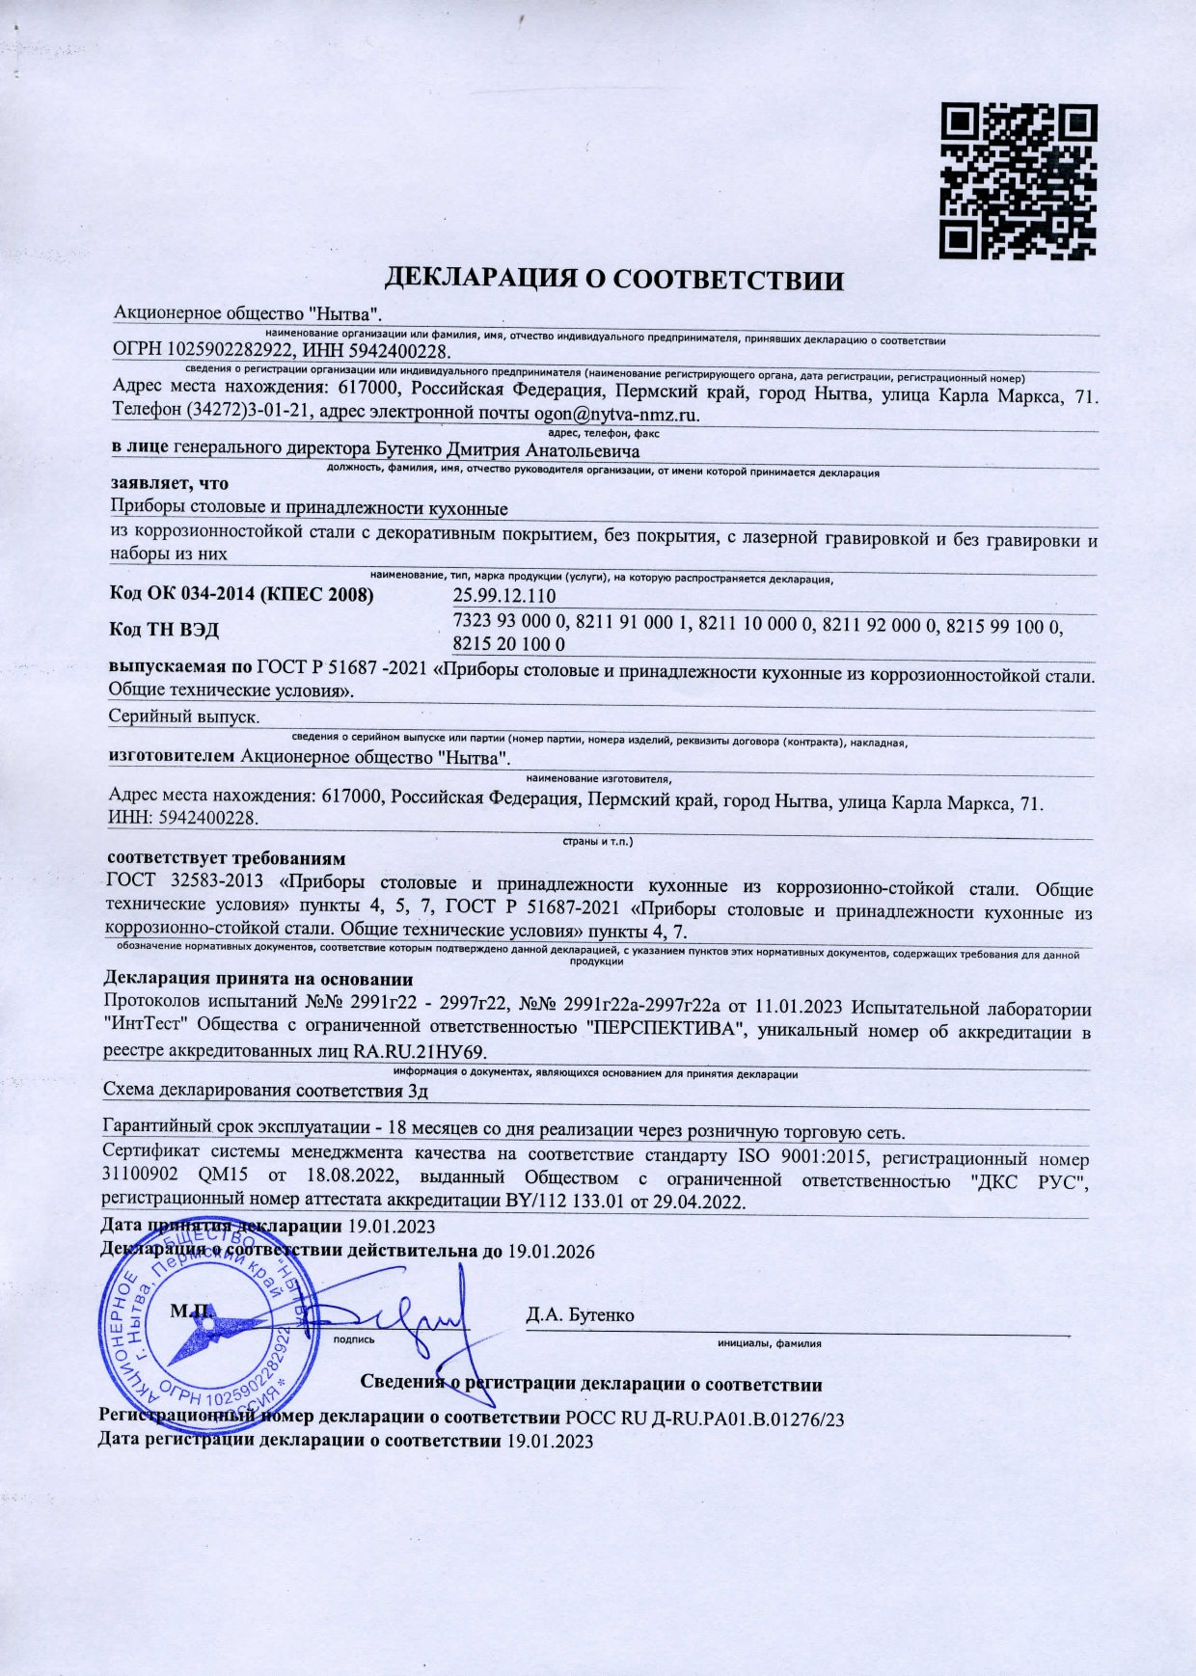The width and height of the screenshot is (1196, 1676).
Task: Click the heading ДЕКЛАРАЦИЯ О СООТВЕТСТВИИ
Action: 614,281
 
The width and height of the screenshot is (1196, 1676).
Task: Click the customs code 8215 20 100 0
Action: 508,644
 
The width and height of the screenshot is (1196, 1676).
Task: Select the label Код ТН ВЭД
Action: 165,630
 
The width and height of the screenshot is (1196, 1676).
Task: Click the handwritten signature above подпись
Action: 405,1311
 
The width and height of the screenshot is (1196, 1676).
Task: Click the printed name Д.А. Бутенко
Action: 580,1315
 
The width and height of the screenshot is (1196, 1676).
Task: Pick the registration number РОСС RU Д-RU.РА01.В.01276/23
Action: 705,1419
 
